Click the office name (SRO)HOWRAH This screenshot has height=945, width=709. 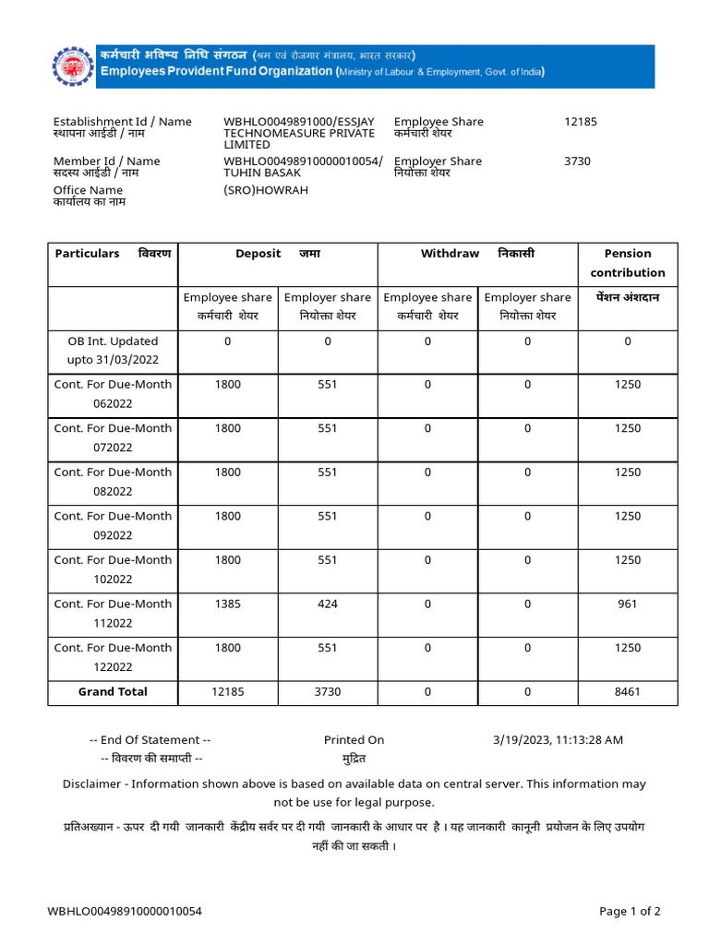266,190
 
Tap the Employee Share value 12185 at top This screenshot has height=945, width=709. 580,122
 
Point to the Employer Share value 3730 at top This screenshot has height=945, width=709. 577,161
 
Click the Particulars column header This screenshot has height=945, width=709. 88,253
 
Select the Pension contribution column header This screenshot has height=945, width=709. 628,263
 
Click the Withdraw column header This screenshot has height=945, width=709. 451,253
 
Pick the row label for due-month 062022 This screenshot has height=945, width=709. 113,394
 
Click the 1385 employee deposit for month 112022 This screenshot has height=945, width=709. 227,604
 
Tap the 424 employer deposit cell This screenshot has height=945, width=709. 328,604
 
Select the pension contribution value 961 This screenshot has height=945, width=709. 628,604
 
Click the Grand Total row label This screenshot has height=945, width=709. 113,691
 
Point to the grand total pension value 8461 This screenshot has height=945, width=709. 628,691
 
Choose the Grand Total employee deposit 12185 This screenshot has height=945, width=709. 227,691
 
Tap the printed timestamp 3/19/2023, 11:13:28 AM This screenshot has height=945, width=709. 559,739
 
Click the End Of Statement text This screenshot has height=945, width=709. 150,739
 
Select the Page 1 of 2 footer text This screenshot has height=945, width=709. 630,911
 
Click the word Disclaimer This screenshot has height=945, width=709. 91,784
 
